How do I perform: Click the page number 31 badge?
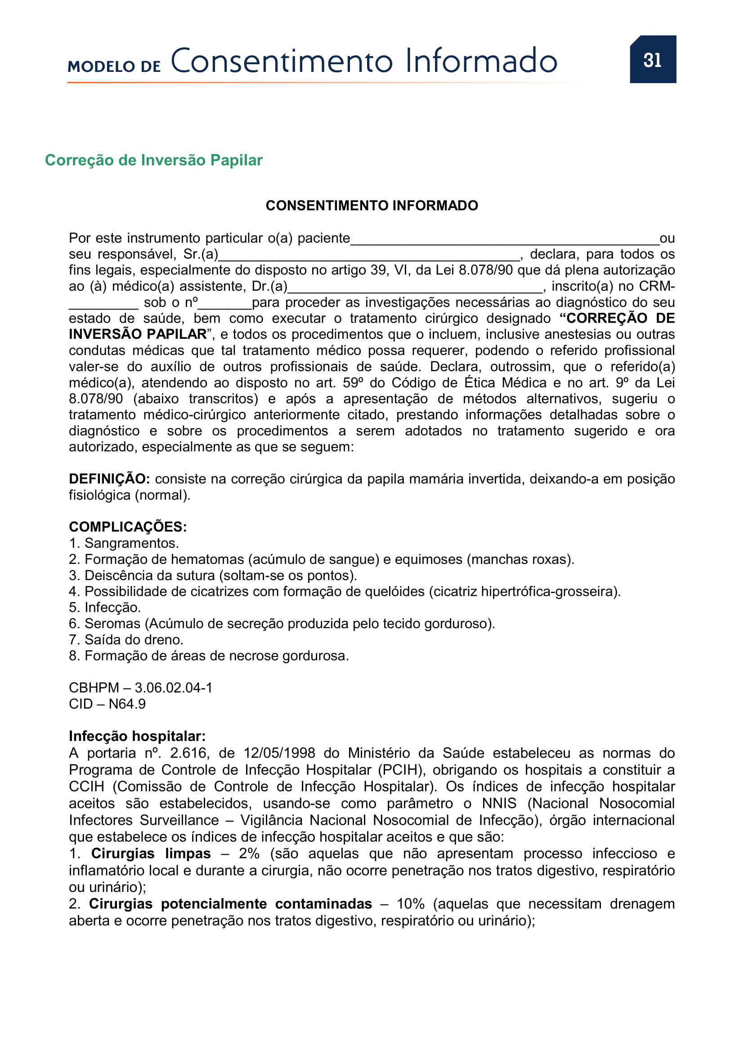652,59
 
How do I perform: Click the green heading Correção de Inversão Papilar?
153,160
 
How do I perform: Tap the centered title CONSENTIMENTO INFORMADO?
372,205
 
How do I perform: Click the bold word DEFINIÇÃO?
109,479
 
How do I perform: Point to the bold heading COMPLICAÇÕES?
128,527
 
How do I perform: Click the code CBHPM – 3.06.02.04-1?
141,687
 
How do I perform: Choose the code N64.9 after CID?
127,704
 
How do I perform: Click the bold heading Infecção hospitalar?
137,736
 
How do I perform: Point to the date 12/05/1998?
279,753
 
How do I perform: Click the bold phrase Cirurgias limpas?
151,853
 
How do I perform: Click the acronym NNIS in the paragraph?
499,803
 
